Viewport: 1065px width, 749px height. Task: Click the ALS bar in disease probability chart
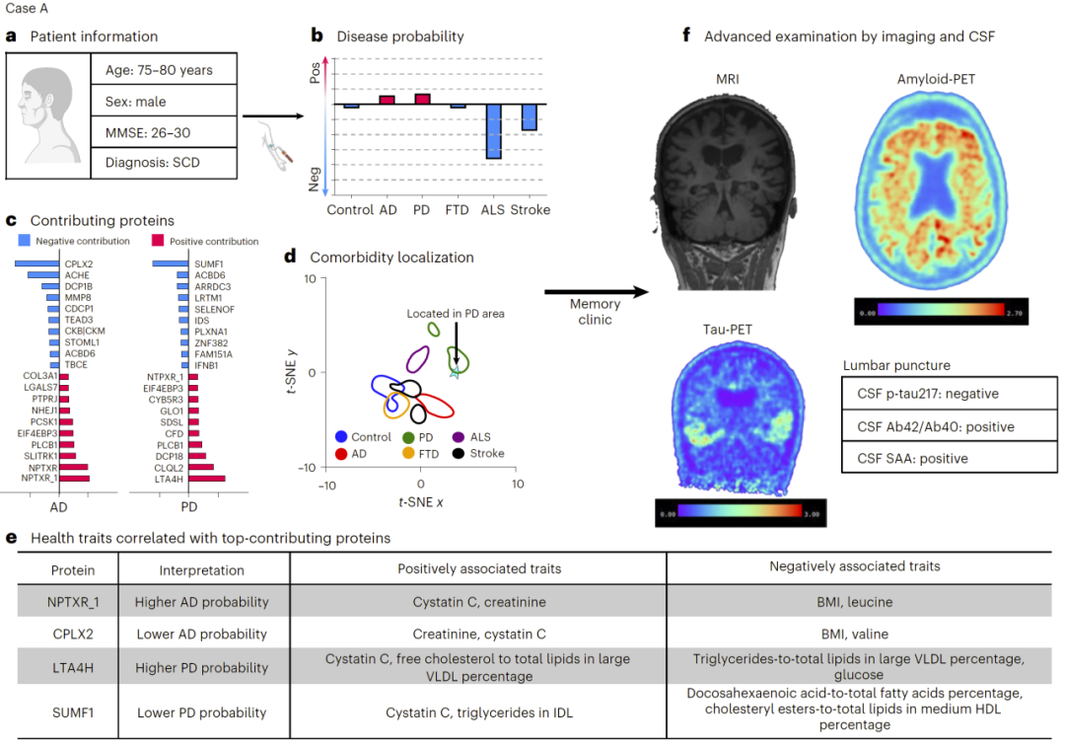(493, 131)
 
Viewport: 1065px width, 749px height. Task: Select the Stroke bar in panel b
(529, 117)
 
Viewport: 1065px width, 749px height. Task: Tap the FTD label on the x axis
(457, 210)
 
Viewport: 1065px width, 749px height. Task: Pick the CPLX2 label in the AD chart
(79, 263)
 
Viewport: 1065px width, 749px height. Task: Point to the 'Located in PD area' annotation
(455, 313)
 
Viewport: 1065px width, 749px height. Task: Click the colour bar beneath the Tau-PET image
(739, 513)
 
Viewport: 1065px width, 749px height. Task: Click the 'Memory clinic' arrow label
(595, 312)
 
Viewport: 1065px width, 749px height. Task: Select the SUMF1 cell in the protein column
(74, 711)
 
